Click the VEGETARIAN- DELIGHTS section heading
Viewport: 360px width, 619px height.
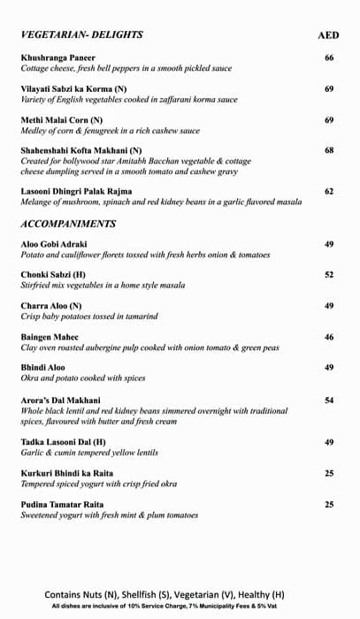coord(81,35)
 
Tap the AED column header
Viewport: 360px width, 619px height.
coord(329,36)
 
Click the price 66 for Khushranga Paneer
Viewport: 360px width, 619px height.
coord(329,58)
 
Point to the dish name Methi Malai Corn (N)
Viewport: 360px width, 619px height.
coord(62,119)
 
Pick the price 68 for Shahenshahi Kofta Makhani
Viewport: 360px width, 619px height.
coord(329,150)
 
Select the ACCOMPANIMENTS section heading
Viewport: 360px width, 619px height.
coord(68,224)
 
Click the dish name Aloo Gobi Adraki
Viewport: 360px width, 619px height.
coord(54,244)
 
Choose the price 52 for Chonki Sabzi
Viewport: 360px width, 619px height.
coord(329,275)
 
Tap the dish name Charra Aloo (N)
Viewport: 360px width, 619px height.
coord(51,306)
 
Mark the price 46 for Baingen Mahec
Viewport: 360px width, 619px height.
coord(329,337)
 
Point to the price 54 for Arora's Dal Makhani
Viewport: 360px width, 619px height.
coord(329,401)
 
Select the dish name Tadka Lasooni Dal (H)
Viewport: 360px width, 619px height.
coord(64,442)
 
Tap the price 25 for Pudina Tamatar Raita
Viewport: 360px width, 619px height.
coord(329,504)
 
